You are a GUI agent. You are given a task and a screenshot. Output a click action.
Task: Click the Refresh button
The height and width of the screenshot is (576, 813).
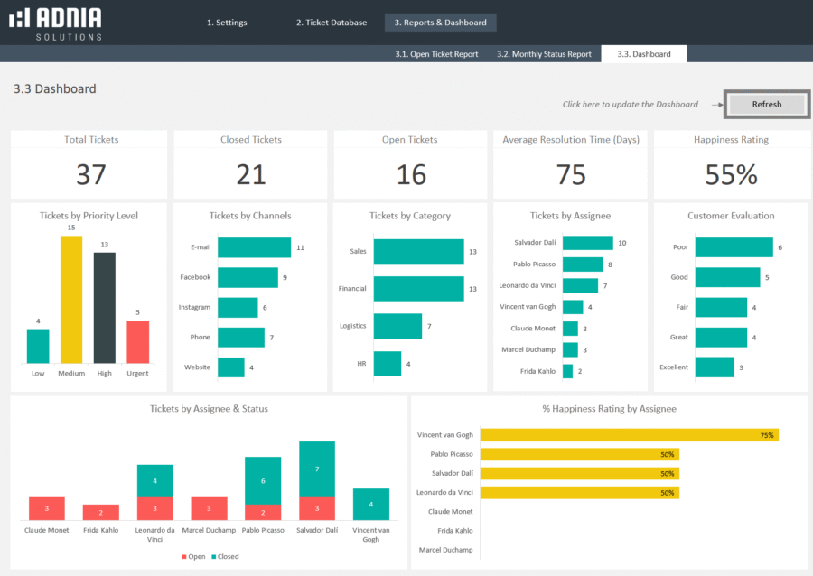pos(766,105)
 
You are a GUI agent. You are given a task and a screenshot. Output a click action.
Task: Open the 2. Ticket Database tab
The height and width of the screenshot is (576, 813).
pos(332,23)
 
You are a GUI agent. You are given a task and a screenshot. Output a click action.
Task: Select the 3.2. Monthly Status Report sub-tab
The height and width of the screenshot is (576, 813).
pos(544,54)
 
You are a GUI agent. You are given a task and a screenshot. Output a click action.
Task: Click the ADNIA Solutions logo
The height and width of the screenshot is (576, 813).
pos(55,23)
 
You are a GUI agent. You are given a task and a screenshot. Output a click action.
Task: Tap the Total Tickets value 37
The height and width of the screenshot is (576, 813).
pos(90,174)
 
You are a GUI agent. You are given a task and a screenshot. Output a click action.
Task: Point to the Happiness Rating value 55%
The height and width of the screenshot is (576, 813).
pos(731,174)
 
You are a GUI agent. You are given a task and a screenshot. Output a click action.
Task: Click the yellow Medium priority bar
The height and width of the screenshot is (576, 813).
pos(71,300)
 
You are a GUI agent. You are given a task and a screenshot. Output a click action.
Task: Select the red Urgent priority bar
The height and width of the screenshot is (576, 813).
pos(138,341)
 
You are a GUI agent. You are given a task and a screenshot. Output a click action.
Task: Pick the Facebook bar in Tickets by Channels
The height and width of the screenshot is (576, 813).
pos(248,277)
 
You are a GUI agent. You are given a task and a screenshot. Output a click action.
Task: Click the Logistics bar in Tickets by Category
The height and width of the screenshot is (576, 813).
pos(397,326)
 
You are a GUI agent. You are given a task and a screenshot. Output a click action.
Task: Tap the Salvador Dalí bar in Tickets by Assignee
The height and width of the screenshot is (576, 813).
pos(587,243)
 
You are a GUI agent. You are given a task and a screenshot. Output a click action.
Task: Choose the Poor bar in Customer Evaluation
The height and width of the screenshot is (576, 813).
pos(734,247)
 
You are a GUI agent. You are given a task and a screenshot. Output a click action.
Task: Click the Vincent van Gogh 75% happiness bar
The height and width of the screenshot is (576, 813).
pos(629,435)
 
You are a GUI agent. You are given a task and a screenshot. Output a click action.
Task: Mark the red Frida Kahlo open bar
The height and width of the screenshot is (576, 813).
pos(101,512)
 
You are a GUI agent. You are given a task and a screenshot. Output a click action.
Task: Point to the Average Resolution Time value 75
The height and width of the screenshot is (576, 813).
pos(571,174)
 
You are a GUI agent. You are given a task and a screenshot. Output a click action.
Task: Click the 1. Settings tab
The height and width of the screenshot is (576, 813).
pos(226,23)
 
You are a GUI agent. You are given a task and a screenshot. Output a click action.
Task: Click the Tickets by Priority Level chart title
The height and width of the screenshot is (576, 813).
pos(89,216)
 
